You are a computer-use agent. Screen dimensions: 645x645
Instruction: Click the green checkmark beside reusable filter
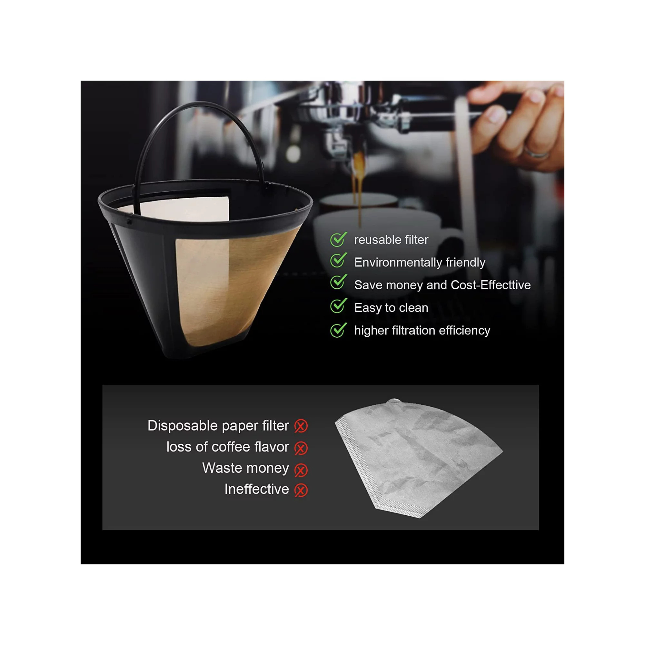pos(338,239)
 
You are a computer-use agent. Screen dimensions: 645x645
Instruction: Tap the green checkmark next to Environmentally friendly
pos(338,260)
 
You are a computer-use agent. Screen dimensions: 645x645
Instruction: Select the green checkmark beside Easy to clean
pos(338,305)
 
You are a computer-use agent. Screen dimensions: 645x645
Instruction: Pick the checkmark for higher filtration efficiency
pos(338,330)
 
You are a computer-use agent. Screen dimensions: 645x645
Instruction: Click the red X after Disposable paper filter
pos(301,426)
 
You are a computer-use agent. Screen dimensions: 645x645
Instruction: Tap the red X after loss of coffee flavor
pos(301,448)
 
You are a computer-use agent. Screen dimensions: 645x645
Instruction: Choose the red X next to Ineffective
pos(301,490)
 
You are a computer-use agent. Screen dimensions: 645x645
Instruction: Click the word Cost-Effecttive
pos(491,285)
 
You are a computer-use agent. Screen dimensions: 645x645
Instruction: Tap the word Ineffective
pos(256,489)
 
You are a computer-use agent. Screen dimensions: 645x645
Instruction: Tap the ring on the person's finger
pos(535,153)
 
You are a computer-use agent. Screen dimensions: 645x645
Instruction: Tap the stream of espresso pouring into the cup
pos(359,187)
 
